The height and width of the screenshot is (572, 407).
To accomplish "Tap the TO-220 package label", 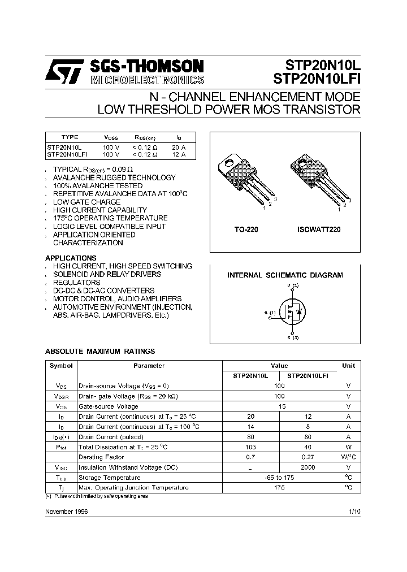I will pyautogui.click(x=246, y=230).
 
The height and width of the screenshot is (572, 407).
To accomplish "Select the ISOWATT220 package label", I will pyautogui.click(x=319, y=230).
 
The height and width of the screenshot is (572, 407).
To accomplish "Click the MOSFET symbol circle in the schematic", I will pyautogui.click(x=293, y=312).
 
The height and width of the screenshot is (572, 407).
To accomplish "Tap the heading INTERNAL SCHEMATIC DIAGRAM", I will pyautogui.click(x=285, y=275).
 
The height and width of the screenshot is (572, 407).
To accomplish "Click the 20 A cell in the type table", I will pyautogui.click(x=179, y=146).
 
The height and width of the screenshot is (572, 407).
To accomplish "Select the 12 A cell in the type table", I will pyautogui.click(x=179, y=154).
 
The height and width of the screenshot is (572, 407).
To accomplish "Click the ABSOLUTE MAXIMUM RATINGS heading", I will pyautogui.click(x=100, y=352).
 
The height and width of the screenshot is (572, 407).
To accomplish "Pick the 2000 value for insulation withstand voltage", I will pyautogui.click(x=308, y=467).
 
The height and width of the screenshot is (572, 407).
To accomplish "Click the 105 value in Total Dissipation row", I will pyautogui.click(x=250, y=447).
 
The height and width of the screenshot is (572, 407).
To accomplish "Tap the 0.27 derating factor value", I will pyautogui.click(x=308, y=457).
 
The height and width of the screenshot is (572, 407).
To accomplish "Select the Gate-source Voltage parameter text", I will pyautogui.click(x=108, y=406).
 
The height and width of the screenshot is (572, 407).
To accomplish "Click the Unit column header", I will pyautogui.click(x=348, y=366).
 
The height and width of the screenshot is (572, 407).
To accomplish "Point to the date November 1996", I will pyautogui.click(x=66, y=511).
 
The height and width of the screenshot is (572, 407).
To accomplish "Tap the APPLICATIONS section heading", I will pyautogui.click(x=71, y=258).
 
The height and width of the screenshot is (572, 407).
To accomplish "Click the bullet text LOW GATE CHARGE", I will pyautogui.click(x=86, y=202).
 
